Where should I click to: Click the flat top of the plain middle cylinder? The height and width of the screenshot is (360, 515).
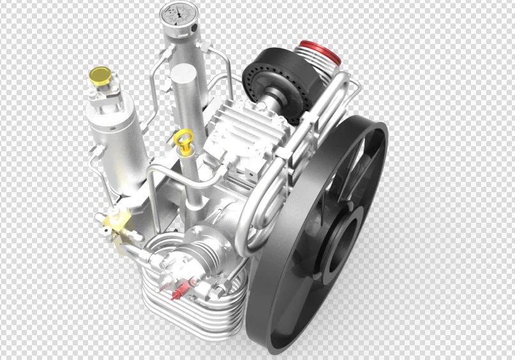[x=185, y=71]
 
